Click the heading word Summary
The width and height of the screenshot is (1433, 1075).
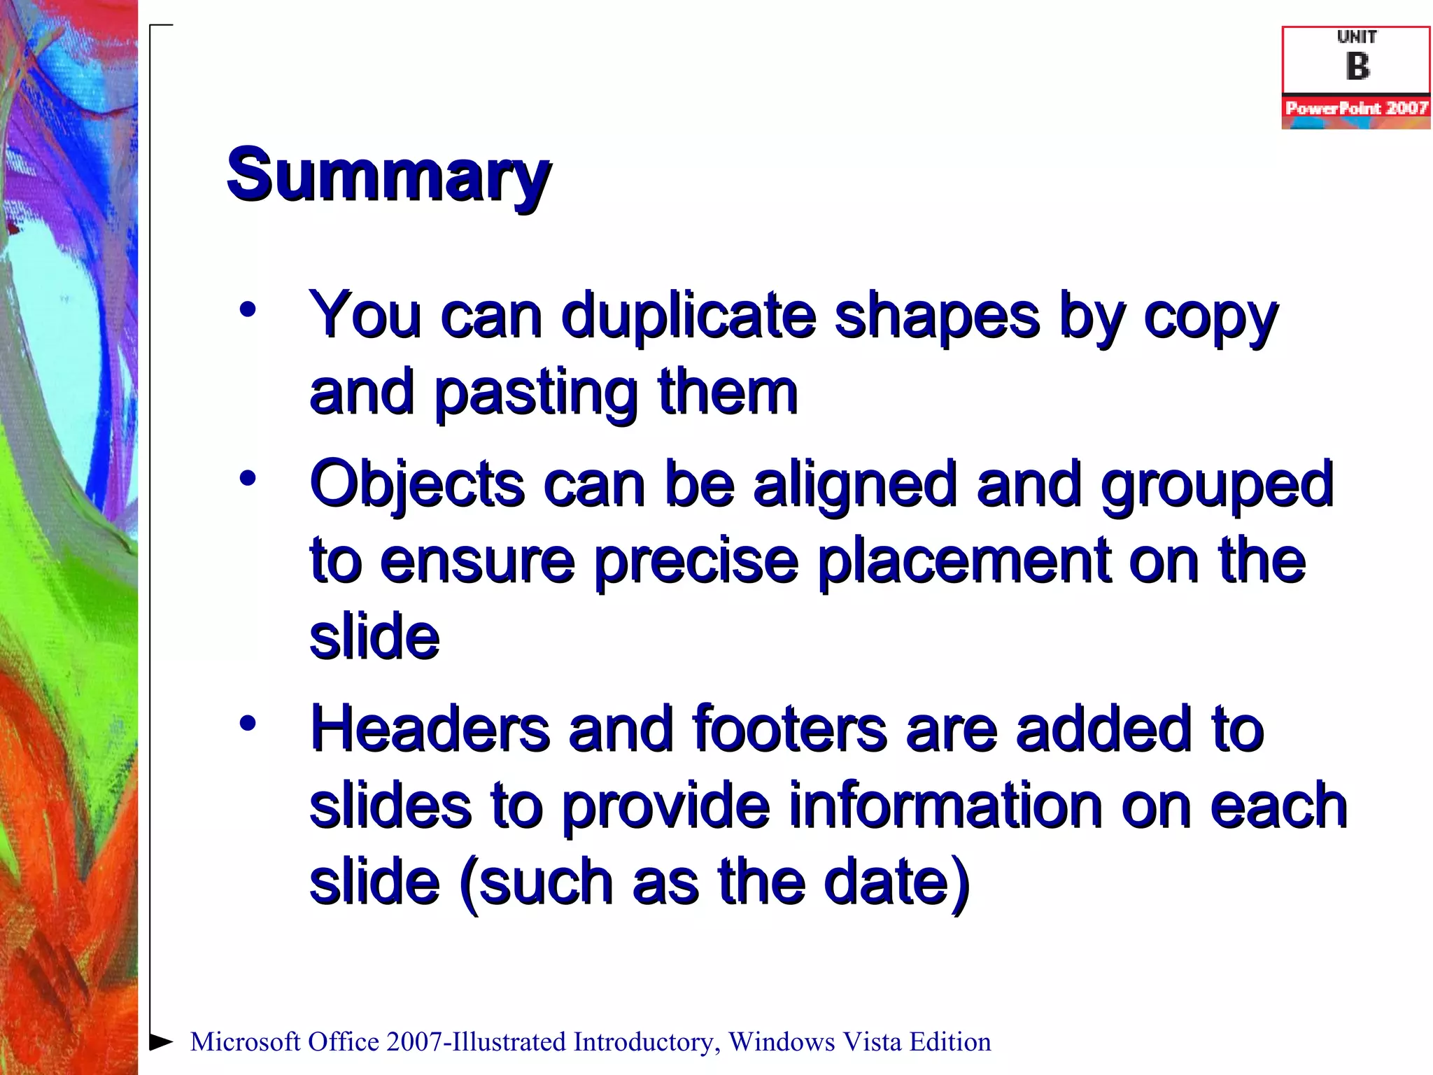point(388,175)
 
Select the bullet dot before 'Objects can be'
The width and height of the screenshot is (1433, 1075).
point(248,479)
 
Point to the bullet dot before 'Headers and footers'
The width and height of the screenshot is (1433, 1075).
point(248,723)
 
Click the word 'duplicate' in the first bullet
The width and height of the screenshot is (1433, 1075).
point(689,315)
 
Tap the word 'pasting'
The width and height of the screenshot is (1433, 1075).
point(536,393)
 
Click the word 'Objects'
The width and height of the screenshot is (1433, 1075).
point(417,484)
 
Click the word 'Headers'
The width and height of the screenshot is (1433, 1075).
point(430,729)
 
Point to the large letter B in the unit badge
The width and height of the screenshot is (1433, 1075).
point(1357,66)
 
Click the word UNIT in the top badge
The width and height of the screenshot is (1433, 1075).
point(1357,36)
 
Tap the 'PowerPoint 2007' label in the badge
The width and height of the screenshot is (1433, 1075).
point(1356,108)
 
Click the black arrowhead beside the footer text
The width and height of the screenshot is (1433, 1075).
point(162,1041)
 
